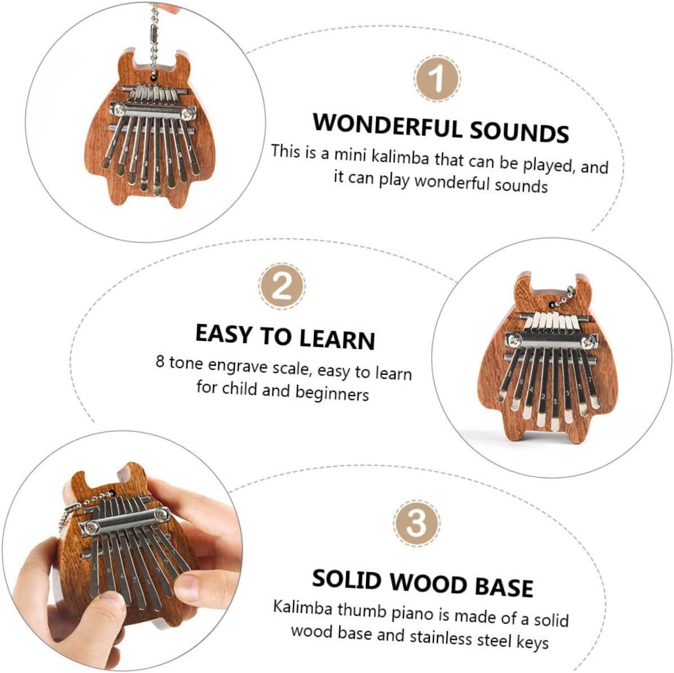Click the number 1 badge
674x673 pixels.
(x=437, y=79)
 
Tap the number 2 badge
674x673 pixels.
(x=282, y=286)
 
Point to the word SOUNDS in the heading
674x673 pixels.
(x=519, y=131)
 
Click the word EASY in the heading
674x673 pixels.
(x=224, y=334)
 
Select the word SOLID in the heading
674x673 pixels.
(x=347, y=579)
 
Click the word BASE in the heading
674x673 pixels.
(x=504, y=587)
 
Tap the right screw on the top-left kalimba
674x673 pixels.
(x=187, y=114)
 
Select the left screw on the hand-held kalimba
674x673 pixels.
(x=90, y=525)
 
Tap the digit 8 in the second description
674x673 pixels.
(x=160, y=362)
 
